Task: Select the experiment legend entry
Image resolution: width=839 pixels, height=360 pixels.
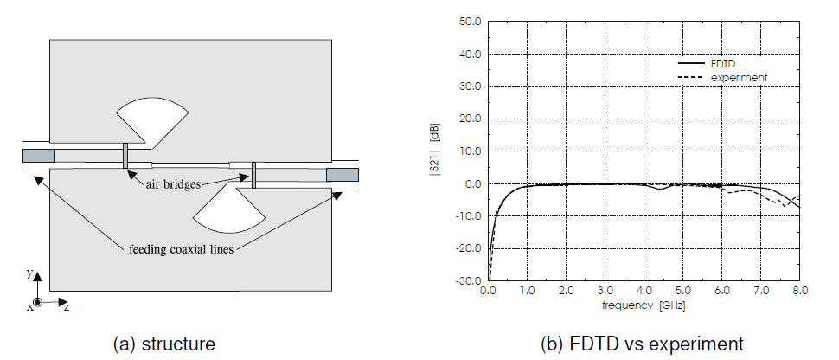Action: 722,78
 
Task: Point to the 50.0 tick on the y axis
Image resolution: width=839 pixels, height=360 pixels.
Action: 471,22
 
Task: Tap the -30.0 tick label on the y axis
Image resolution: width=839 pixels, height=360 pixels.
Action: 469,280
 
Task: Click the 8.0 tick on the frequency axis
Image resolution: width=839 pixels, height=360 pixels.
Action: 799,291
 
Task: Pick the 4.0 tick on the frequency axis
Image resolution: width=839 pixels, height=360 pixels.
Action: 644,291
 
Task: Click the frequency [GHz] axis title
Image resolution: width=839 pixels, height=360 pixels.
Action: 644,305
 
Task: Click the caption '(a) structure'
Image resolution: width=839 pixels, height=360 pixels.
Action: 164,344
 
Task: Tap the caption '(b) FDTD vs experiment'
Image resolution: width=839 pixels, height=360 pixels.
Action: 642,344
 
